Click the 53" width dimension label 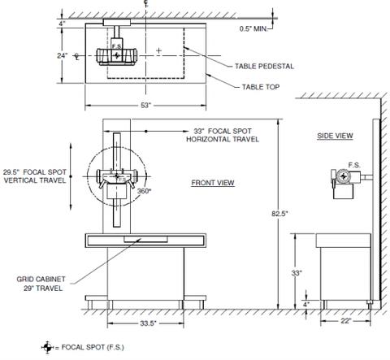[145, 105]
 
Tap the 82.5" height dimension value [279, 214]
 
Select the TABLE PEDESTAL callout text [264, 67]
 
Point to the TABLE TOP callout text [261, 87]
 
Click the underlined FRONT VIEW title [213, 183]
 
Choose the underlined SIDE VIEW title [335, 136]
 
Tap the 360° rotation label [144, 191]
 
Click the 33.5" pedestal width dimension [148, 323]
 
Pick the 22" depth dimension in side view [346, 321]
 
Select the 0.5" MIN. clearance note [253, 28]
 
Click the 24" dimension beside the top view [62, 55]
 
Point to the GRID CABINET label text [41, 279]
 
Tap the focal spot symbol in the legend [47, 347]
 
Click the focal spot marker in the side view [344, 176]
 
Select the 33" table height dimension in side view [297, 273]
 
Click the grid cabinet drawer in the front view [145, 240]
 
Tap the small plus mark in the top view [158, 50]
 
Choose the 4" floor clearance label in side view [306, 304]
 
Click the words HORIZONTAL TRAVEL [223, 139]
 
